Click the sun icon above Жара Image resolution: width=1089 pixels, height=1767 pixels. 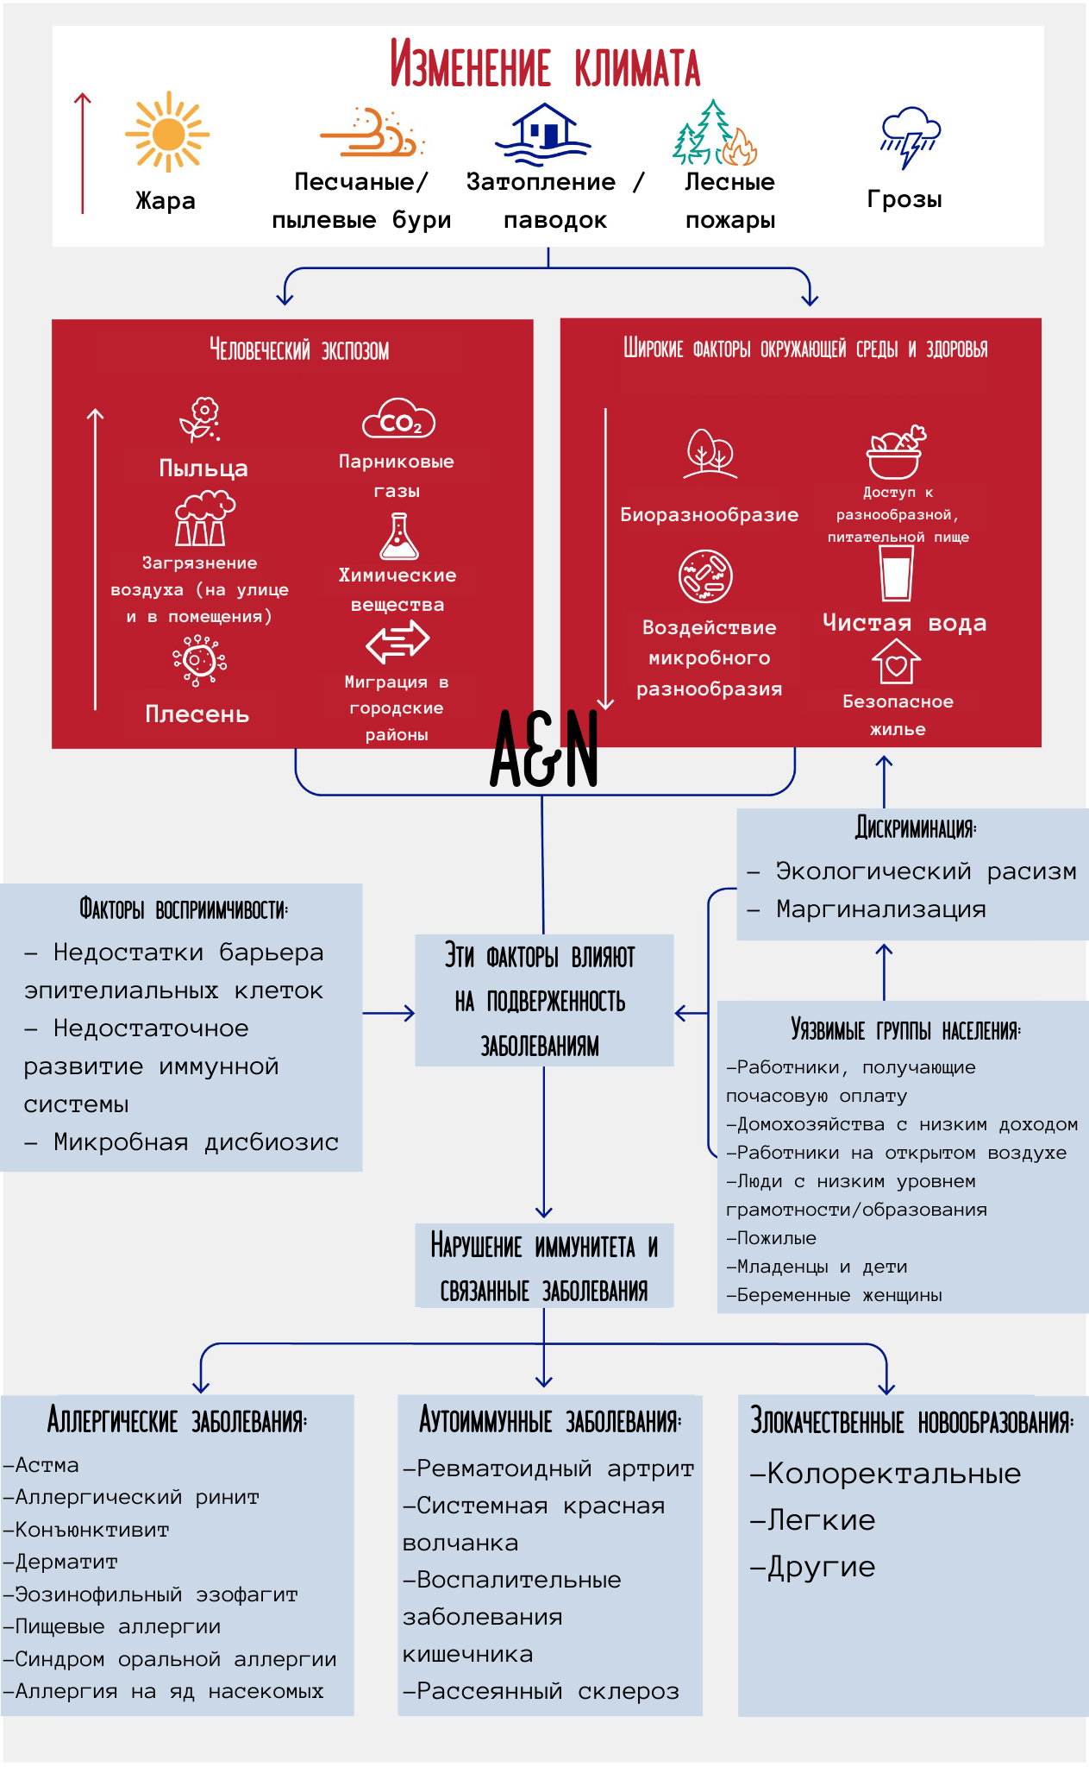167,133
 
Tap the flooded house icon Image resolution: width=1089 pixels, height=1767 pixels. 543,134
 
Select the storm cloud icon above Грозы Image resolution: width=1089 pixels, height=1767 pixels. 910,136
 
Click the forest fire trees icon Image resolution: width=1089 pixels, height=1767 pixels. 715,134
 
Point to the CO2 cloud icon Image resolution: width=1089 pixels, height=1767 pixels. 398,420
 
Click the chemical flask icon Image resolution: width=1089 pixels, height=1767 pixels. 398,537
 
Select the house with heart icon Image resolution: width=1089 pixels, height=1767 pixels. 896,662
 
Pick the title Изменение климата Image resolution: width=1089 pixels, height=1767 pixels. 545,65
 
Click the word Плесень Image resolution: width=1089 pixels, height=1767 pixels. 197,714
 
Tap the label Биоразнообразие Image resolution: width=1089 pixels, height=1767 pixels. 709,515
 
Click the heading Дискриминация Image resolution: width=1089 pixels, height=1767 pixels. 916,828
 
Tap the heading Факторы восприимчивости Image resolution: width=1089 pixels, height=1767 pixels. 184,909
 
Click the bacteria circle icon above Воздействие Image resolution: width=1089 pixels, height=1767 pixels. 705,576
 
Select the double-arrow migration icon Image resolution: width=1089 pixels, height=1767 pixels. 397,641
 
